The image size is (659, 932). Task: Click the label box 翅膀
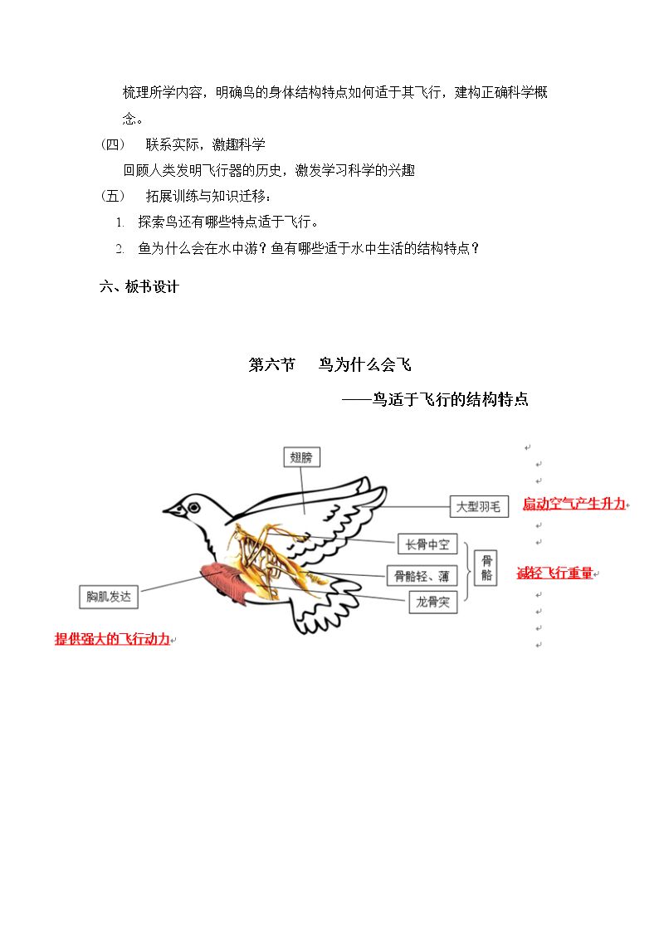(301, 457)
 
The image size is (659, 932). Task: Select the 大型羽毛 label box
(478, 506)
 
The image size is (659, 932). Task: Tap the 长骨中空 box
(427, 544)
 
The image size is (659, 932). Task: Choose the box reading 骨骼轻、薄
(422, 575)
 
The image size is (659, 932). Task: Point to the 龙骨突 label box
(432, 603)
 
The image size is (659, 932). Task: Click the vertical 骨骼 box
(486, 568)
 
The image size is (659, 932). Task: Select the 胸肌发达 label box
(109, 596)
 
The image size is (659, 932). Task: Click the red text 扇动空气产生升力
(574, 504)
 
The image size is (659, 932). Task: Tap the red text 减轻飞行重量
(555, 573)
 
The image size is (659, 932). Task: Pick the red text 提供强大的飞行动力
(112, 639)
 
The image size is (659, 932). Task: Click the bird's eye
(193, 508)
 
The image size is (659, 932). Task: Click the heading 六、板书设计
(139, 286)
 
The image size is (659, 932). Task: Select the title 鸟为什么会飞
(365, 364)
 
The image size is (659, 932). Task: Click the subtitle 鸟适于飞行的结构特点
(451, 399)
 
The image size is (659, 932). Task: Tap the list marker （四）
(113, 144)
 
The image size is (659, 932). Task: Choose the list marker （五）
(113, 196)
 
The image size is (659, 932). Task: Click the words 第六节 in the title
(272, 364)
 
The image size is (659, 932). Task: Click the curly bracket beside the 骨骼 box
(467, 571)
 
